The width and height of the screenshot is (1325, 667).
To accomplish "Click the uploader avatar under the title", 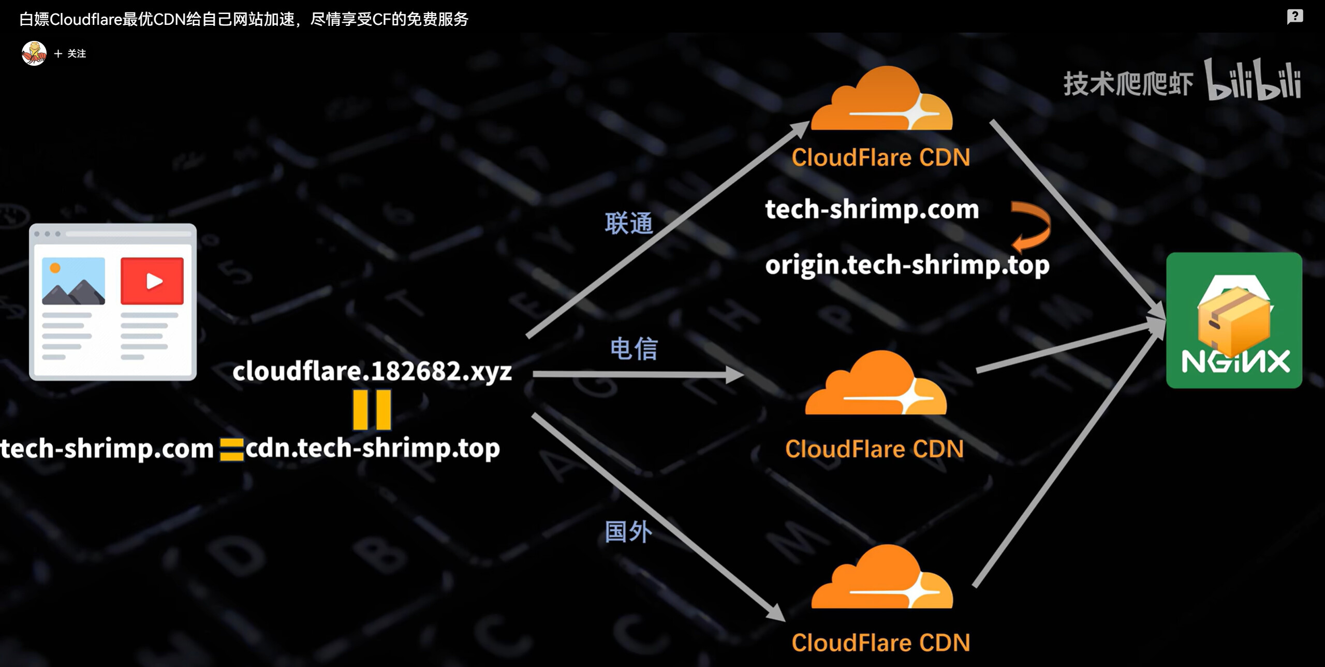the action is tap(34, 53).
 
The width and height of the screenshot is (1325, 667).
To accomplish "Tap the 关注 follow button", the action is tap(70, 54).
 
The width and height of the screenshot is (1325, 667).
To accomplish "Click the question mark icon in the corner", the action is tap(1295, 17).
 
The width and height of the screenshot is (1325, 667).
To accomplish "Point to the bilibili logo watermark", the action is tap(1253, 81).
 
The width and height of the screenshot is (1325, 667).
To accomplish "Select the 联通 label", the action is tap(629, 224).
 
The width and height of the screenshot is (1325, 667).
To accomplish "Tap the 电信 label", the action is tap(634, 349).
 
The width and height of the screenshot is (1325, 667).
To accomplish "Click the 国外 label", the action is tap(628, 532).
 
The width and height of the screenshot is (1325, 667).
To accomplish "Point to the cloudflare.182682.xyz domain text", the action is tap(372, 371).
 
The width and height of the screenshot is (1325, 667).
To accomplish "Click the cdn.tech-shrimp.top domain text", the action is tap(373, 448).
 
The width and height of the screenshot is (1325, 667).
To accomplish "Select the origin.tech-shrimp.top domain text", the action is tap(907, 265).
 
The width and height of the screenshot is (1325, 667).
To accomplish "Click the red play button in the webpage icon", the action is tap(152, 281).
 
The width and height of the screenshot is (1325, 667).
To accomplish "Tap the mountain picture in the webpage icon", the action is tap(73, 281).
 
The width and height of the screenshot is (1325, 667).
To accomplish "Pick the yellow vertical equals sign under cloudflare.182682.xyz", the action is tap(372, 410).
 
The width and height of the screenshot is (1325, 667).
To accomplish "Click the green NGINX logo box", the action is tap(1234, 320).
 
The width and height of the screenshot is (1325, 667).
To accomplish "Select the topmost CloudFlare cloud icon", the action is tap(881, 98).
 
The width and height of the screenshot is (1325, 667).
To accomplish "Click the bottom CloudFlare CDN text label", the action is tap(880, 643).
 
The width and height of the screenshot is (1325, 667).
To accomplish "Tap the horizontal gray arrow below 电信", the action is tap(638, 374).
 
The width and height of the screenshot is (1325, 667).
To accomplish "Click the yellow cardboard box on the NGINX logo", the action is tap(1234, 321).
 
